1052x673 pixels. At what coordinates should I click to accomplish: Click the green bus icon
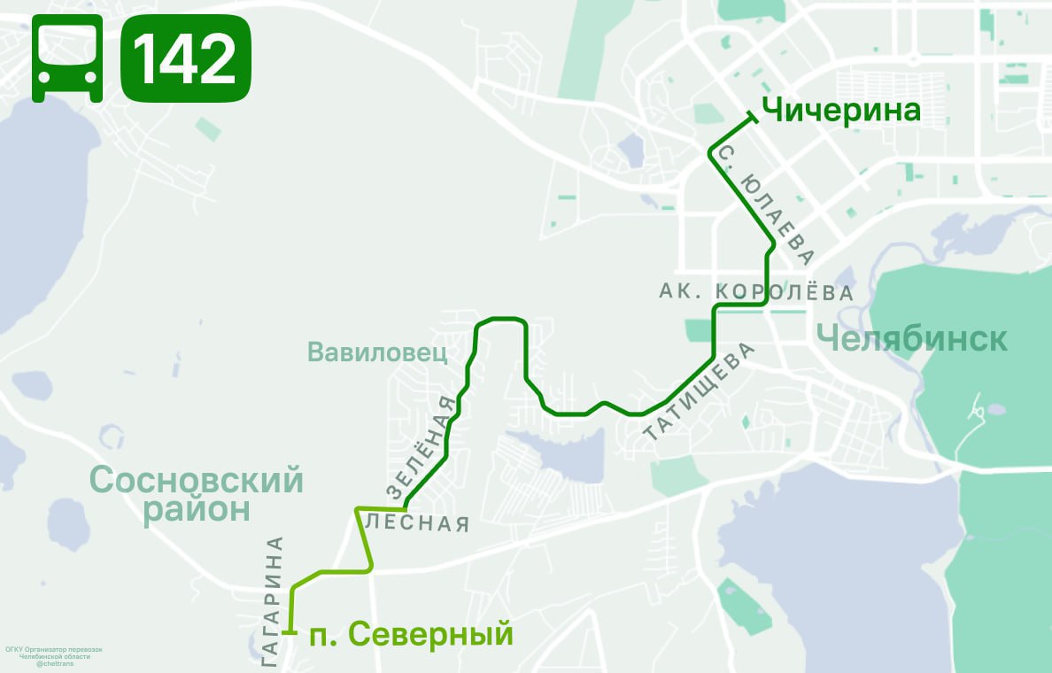(x=67, y=58)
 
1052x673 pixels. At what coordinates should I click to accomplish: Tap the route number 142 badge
(x=185, y=58)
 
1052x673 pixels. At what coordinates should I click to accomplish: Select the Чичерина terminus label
(x=841, y=111)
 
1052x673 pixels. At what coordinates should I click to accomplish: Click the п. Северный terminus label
(x=411, y=634)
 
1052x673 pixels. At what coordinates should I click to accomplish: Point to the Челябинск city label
(x=911, y=337)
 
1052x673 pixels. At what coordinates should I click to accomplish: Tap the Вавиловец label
(x=378, y=352)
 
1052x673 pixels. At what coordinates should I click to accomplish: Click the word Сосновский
(x=197, y=481)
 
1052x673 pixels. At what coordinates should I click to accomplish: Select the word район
(x=197, y=509)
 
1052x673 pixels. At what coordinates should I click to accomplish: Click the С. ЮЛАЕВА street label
(x=765, y=205)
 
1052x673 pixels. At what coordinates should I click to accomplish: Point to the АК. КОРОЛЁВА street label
(x=756, y=291)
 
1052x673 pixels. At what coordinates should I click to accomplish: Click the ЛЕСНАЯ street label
(x=416, y=522)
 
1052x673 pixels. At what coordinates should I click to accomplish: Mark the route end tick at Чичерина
(x=752, y=116)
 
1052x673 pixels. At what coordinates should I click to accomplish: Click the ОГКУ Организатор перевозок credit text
(x=54, y=649)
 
